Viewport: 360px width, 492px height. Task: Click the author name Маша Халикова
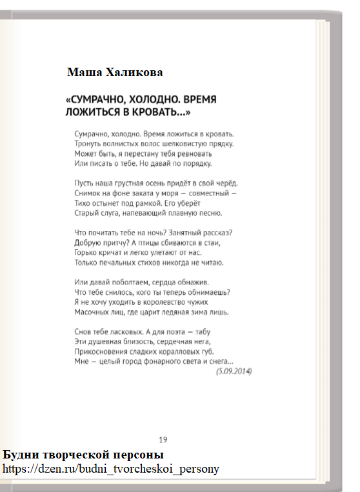pyautogui.click(x=115, y=72)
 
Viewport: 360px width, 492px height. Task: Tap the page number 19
pyautogui.click(x=163, y=440)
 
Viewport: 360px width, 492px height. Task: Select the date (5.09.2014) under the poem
pyautogui.click(x=234, y=371)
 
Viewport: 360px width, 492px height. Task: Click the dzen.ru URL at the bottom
pyautogui.click(x=111, y=469)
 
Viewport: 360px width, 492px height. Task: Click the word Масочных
pyautogui.click(x=94, y=312)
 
